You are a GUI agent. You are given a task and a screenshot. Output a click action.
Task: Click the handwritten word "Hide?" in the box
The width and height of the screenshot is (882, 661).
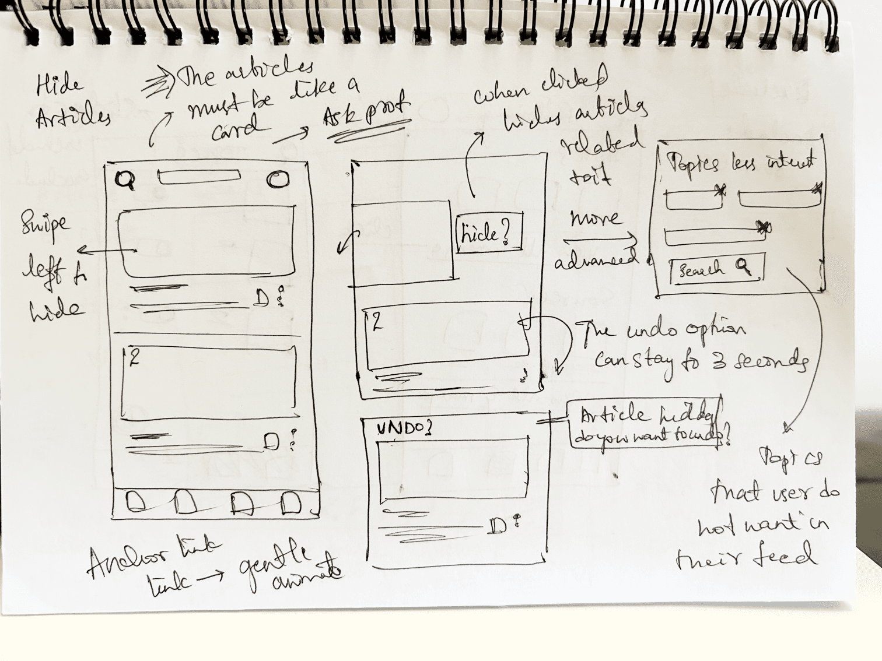point(485,234)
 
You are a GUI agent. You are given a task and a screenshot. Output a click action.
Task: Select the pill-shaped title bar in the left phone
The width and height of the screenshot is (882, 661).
point(199,177)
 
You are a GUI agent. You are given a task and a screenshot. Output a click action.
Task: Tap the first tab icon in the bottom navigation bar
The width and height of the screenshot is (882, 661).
point(136,503)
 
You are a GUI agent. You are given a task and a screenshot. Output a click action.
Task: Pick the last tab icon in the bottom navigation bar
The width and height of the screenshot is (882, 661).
point(290,503)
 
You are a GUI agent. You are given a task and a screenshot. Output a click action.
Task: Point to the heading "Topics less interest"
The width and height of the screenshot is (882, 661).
point(741,163)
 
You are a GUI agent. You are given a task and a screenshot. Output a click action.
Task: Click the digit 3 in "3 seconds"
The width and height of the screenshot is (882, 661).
point(718,361)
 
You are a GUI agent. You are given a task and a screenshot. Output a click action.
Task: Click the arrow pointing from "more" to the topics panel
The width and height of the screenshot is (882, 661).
point(601,239)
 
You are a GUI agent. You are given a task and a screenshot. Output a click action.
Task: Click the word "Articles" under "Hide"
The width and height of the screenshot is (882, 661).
point(72,118)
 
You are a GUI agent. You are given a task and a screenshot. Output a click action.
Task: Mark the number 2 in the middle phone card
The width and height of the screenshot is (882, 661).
point(377,322)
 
